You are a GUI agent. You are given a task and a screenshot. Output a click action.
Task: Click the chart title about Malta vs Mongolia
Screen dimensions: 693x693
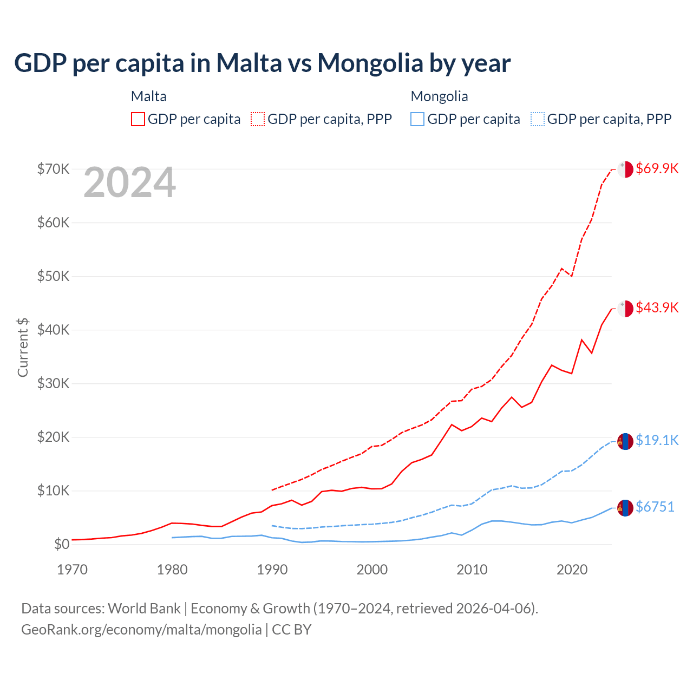coord(262,63)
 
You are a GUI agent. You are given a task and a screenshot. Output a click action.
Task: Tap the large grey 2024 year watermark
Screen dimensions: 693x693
coord(129,182)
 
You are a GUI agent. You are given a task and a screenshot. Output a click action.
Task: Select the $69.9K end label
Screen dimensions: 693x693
coord(657,168)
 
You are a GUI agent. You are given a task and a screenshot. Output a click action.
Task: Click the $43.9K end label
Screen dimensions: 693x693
coord(657,308)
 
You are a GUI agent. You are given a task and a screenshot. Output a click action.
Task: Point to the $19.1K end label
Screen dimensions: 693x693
coord(657,440)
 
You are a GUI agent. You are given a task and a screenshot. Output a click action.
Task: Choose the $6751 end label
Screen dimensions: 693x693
coord(655,507)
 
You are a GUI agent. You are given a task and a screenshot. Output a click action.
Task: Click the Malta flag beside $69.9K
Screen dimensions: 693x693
coord(625,169)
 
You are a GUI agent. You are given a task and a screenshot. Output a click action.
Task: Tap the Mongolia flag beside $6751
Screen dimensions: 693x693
coord(625,508)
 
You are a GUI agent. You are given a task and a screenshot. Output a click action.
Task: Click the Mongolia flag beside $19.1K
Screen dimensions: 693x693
coord(625,441)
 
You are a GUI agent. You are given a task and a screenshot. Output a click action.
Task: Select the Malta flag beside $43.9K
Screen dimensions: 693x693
coord(625,309)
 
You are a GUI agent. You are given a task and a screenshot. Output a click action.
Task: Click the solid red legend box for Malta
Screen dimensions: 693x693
coord(138,119)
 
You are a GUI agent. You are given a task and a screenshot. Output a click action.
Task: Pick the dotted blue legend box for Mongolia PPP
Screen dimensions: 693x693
coord(538,119)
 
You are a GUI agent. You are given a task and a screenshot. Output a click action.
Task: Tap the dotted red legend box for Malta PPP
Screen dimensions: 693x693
coord(258,119)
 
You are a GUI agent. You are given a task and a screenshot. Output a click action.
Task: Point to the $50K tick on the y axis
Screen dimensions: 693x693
coord(53,276)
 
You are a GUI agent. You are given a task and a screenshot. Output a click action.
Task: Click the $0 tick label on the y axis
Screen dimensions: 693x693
coord(62,544)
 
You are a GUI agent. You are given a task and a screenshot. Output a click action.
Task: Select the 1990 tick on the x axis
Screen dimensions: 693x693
coord(272,570)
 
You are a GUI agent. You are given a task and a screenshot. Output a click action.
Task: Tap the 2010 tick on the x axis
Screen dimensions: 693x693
coord(472,570)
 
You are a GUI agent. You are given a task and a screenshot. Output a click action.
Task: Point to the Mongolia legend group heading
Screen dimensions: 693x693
coord(439,96)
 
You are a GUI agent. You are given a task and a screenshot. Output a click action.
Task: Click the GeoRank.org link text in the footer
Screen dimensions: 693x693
coord(141,630)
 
